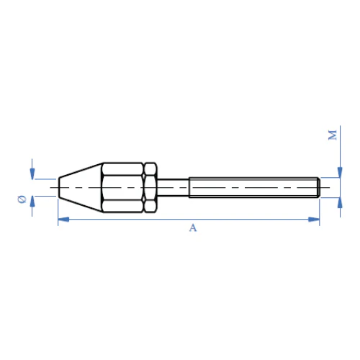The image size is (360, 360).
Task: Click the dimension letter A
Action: point(193,228)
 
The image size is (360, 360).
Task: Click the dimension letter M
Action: point(333,135)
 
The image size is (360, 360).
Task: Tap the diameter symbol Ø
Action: point(22,199)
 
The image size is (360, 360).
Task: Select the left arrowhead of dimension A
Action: point(63,219)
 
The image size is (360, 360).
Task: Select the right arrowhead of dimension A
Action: point(314,219)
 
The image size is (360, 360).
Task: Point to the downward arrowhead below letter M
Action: point(340,172)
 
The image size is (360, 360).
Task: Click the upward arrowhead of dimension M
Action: point(340,203)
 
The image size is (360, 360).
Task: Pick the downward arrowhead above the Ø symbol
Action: point(32,174)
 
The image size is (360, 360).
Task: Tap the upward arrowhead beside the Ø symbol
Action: point(32,202)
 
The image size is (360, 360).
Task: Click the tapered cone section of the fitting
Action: point(81,187)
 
